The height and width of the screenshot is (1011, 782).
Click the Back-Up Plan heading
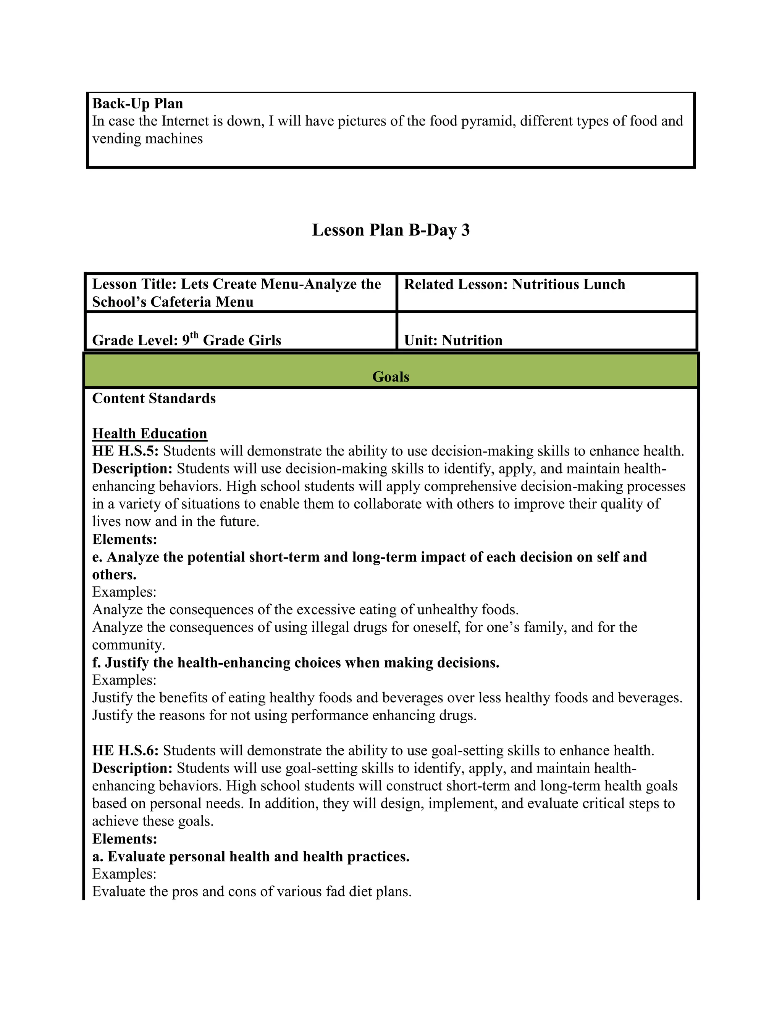[137, 103]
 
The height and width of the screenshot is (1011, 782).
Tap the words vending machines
[147, 138]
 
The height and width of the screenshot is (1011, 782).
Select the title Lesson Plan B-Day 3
[391, 230]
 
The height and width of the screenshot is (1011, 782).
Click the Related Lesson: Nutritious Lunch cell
[514, 284]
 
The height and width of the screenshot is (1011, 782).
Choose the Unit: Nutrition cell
[453, 340]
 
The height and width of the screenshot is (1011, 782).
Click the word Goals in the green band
[391, 377]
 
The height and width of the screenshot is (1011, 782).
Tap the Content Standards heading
[154, 399]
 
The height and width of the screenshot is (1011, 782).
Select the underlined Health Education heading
[150, 434]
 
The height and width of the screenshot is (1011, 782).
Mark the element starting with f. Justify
[296, 663]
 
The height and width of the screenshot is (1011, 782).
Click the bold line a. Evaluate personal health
[250, 857]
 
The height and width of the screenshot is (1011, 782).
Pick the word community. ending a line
[128, 645]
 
